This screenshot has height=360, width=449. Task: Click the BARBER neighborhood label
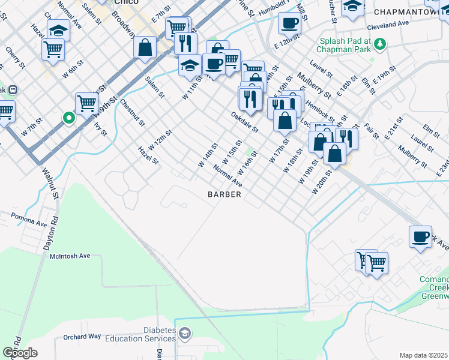pos(224,194)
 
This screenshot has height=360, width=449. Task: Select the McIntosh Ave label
pos(70,256)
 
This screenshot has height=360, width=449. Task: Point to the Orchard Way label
pos(82,337)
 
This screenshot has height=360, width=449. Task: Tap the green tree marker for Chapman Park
pos(379,43)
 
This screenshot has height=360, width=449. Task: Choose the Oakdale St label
pos(245,121)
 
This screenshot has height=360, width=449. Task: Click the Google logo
pos(20,352)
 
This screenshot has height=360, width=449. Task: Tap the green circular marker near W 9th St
pos(69,118)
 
